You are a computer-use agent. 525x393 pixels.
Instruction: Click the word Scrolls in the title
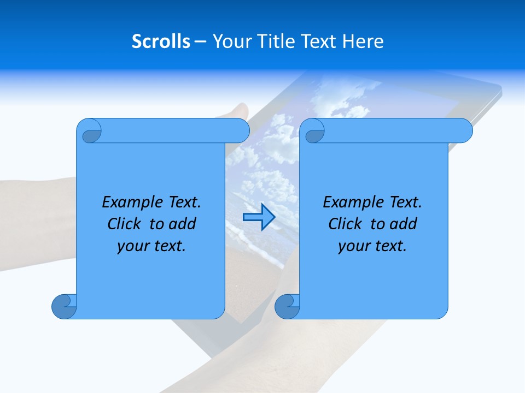161,41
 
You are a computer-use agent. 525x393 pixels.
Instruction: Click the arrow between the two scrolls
258,217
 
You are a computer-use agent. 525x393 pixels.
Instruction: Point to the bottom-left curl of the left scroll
65,306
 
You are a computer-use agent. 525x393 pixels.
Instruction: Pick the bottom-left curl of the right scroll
287,306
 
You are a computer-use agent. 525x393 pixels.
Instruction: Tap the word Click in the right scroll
346,224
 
